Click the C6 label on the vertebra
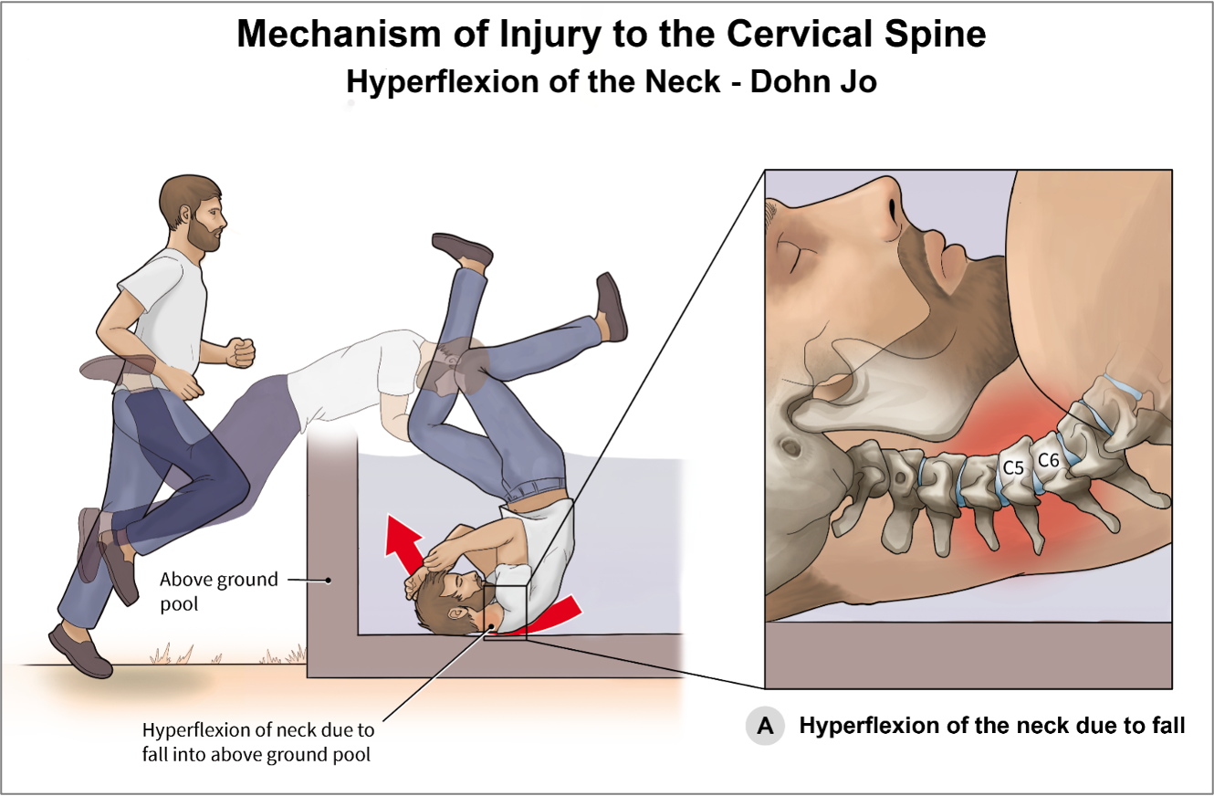pos(1049,460)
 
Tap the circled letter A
pos(765,727)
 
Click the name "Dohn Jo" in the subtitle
pos(814,82)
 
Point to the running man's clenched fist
pos(240,351)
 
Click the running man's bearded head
pos(193,214)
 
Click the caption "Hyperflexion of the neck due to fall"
pos(991,727)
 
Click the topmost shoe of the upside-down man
pos(462,247)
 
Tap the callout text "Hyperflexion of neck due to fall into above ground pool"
pos(257,743)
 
